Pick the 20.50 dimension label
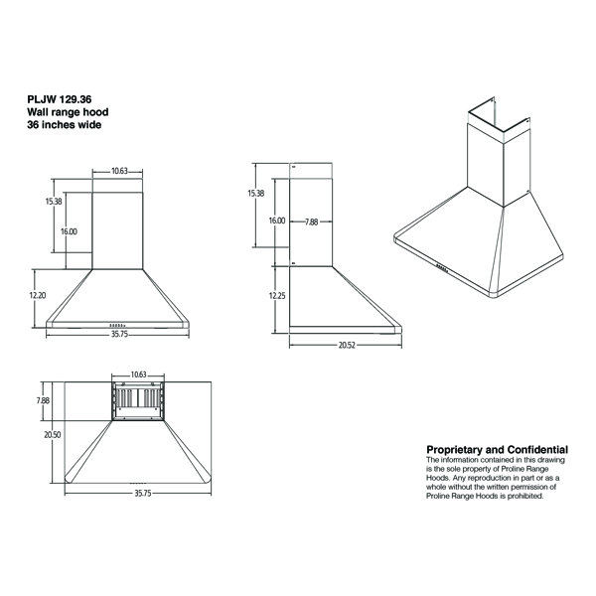click(x=38, y=434)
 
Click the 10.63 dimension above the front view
click(x=119, y=171)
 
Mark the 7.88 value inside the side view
click(x=311, y=222)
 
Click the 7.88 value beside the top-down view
click(x=41, y=400)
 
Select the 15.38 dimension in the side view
click(x=255, y=193)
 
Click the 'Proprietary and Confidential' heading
click(x=497, y=450)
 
